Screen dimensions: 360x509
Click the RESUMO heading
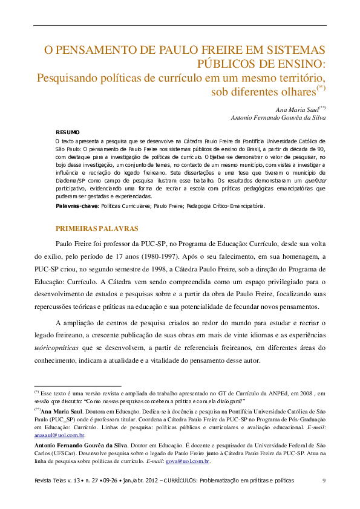click(67, 131)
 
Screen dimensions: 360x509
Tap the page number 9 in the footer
click(324, 480)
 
